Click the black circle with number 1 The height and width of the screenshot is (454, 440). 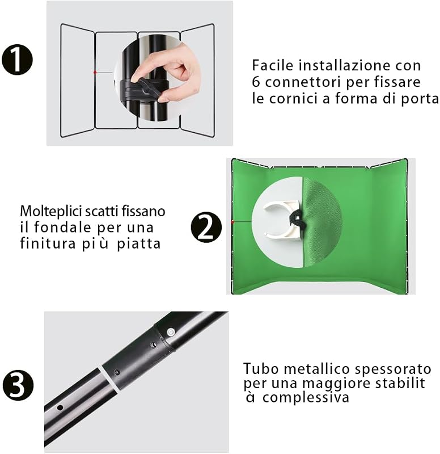coord(18,60)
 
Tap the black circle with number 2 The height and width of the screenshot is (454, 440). coord(206,227)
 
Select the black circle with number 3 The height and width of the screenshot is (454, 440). coord(18,385)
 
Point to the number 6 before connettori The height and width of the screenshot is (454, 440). coord(256,82)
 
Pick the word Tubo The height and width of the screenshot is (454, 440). coord(261,369)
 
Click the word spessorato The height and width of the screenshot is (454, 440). coord(393,369)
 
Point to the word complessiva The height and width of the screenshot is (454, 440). coord(306,397)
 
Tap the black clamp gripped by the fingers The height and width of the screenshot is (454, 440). coord(144,89)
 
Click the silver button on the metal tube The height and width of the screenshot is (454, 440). coord(171,331)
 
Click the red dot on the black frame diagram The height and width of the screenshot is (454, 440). coord(95,73)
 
